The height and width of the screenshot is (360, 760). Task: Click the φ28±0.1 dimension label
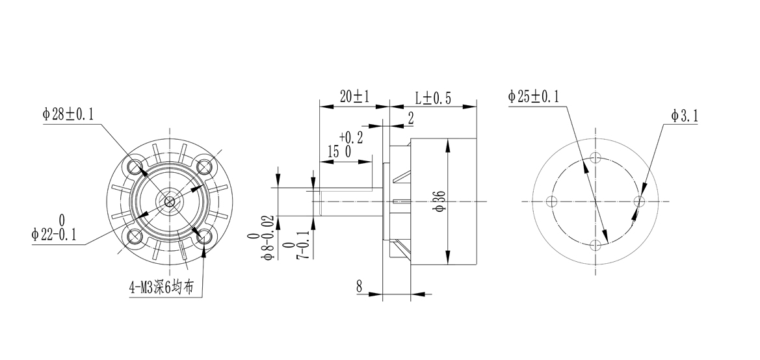tap(68, 114)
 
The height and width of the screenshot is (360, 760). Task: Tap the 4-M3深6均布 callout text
tap(162, 287)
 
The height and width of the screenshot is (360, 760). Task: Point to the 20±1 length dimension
tap(354, 97)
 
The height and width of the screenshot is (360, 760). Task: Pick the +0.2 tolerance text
tap(350, 137)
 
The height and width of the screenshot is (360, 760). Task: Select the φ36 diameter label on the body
tap(439, 202)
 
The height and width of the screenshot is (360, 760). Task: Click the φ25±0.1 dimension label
tap(534, 97)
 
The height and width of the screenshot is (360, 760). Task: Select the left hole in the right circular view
tap(553, 201)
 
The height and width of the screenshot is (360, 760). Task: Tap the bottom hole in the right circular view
tap(596, 245)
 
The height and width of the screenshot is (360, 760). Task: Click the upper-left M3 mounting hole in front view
tap(135, 167)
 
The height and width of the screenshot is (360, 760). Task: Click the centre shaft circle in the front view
tap(170, 202)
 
